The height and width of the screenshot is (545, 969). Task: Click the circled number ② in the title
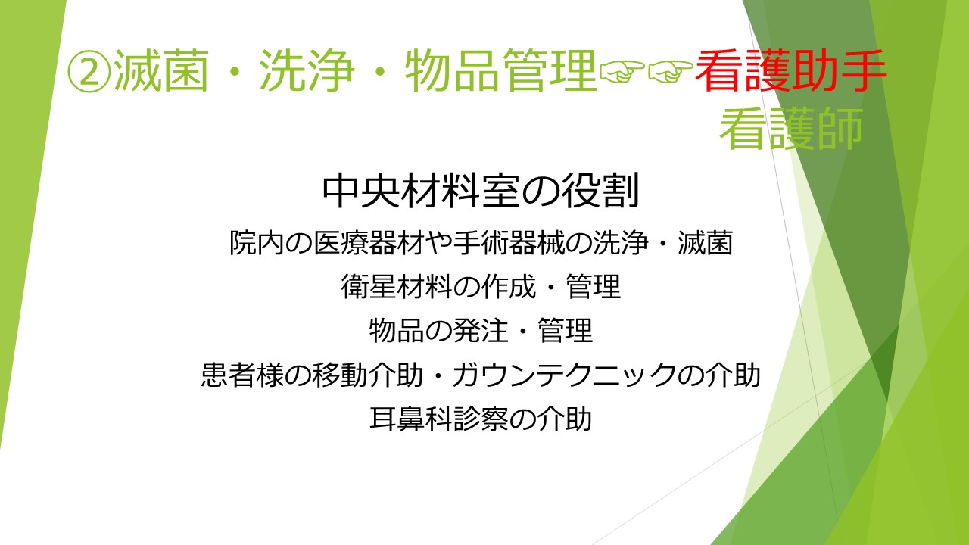click(89, 71)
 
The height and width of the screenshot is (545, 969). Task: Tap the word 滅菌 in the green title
click(162, 70)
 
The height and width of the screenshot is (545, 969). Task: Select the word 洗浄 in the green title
click(307, 70)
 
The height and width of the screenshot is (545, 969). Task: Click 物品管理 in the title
click(501, 70)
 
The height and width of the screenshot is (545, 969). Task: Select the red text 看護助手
click(791, 70)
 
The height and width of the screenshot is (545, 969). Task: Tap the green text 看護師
click(792, 129)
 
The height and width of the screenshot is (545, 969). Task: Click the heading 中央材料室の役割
click(481, 191)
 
